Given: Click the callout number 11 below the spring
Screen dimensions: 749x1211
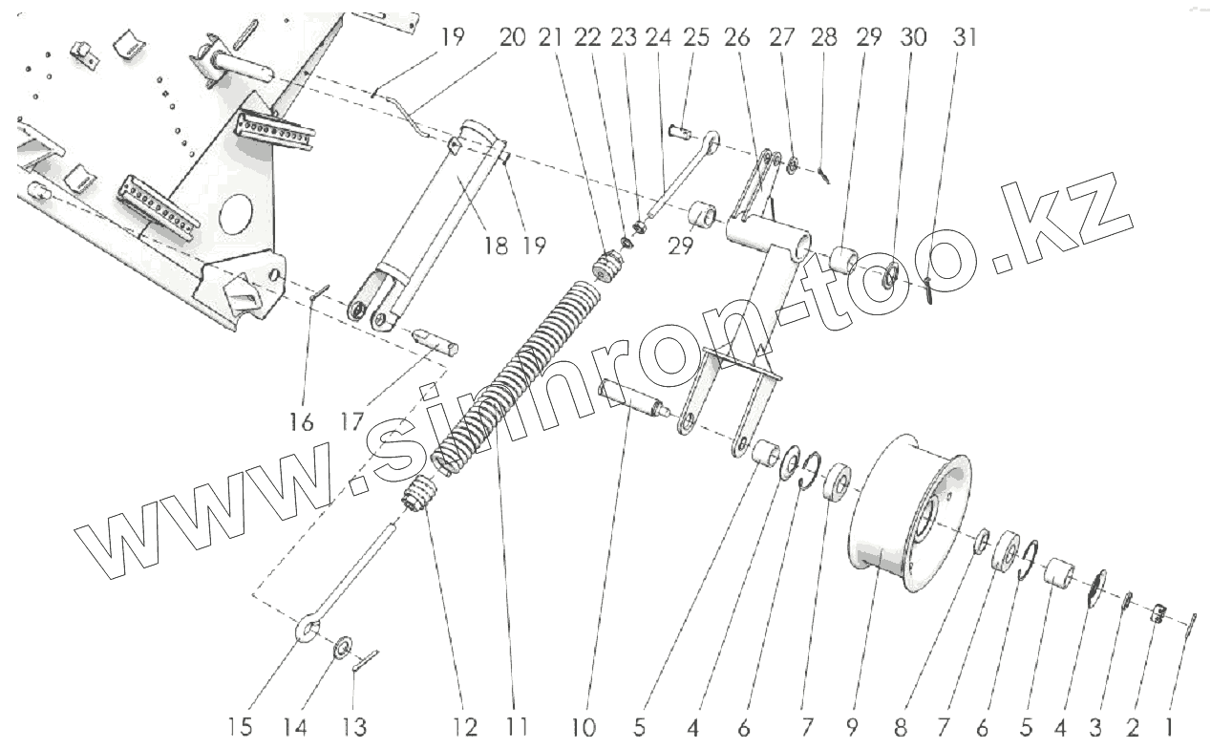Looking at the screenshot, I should (517, 727).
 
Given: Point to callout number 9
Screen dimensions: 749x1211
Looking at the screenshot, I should (852, 727).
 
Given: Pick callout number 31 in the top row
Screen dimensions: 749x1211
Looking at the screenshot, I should (965, 37).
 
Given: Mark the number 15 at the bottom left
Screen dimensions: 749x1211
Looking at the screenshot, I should (241, 727).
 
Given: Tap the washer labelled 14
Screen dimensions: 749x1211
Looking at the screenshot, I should (341, 652).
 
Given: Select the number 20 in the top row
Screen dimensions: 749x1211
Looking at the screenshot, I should (512, 37).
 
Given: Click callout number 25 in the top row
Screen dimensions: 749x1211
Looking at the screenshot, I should (696, 37).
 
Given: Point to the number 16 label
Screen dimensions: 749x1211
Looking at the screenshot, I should (302, 421).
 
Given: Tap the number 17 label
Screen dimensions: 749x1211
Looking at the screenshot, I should (352, 421).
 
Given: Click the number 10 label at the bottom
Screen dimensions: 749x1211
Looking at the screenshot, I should (586, 727).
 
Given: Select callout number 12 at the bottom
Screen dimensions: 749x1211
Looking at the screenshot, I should (465, 727).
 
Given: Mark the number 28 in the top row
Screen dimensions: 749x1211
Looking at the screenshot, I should (824, 37).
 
